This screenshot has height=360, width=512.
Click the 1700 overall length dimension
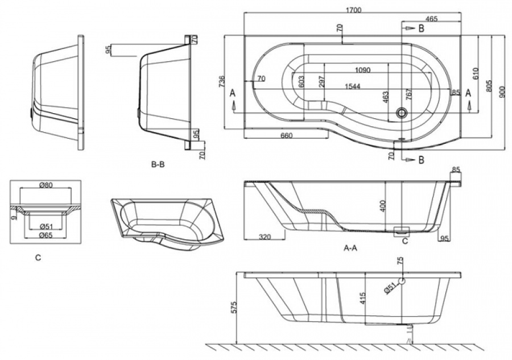click(x=353, y=10)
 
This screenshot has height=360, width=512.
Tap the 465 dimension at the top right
click(x=431, y=19)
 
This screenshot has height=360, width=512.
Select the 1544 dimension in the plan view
click(x=352, y=86)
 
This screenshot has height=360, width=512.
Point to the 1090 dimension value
click(x=362, y=70)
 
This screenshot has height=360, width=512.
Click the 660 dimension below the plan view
click(x=287, y=135)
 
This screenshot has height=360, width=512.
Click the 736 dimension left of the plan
click(x=222, y=82)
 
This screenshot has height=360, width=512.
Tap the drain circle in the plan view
click(x=401, y=113)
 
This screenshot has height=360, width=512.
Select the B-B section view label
click(x=158, y=165)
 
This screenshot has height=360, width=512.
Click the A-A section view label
click(x=350, y=248)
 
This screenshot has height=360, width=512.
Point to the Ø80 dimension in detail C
click(x=46, y=185)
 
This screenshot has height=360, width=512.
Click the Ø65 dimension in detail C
click(x=46, y=235)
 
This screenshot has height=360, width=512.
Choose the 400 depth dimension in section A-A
click(x=383, y=206)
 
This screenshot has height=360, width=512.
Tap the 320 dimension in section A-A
click(x=265, y=237)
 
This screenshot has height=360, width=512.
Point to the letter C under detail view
click(x=38, y=258)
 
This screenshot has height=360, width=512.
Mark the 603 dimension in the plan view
click(x=301, y=82)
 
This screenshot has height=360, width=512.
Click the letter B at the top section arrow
click(x=421, y=28)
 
